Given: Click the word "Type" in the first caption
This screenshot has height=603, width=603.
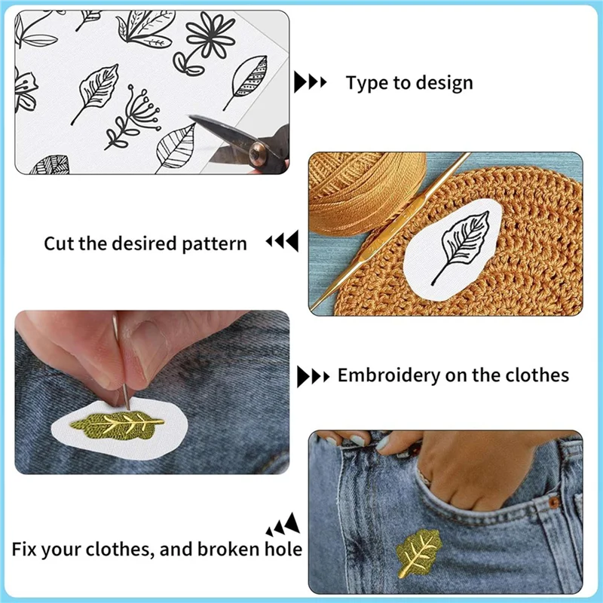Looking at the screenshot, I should click(x=364, y=83).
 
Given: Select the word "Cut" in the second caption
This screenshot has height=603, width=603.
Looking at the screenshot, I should click(x=59, y=244).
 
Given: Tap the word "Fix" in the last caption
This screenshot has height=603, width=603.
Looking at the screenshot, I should click(x=26, y=549).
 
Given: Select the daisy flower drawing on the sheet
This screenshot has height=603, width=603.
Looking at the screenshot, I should click(x=204, y=41).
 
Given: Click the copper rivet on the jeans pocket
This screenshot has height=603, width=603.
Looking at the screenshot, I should click(x=554, y=500).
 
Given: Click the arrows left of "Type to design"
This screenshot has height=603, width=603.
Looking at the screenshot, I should click(x=310, y=81).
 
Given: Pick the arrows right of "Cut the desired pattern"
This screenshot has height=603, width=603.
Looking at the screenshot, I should click(x=282, y=243).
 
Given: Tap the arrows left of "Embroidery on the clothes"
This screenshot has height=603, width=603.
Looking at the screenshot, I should click(x=313, y=375).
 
